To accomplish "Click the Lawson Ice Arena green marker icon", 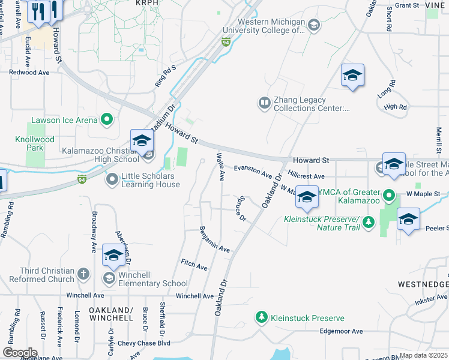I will [107, 120].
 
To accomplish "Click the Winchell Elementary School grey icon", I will [109, 278].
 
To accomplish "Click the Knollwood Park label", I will [34, 143].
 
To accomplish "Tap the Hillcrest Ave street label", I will [306, 175].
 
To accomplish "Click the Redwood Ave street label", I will [29, 72].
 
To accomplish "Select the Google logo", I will [19, 353].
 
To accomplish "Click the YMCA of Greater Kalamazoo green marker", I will [389, 196].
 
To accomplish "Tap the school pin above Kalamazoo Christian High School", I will [142, 141].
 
